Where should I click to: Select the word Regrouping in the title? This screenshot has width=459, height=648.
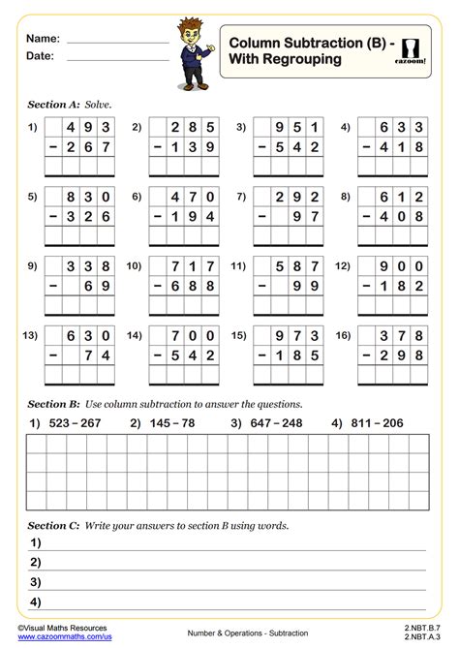click(303, 59)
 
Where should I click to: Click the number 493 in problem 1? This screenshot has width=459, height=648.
click(88, 127)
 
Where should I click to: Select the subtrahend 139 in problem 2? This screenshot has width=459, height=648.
click(192, 148)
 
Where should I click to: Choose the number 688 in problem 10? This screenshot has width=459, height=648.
click(192, 288)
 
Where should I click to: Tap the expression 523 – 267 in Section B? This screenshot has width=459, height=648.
click(76, 423)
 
